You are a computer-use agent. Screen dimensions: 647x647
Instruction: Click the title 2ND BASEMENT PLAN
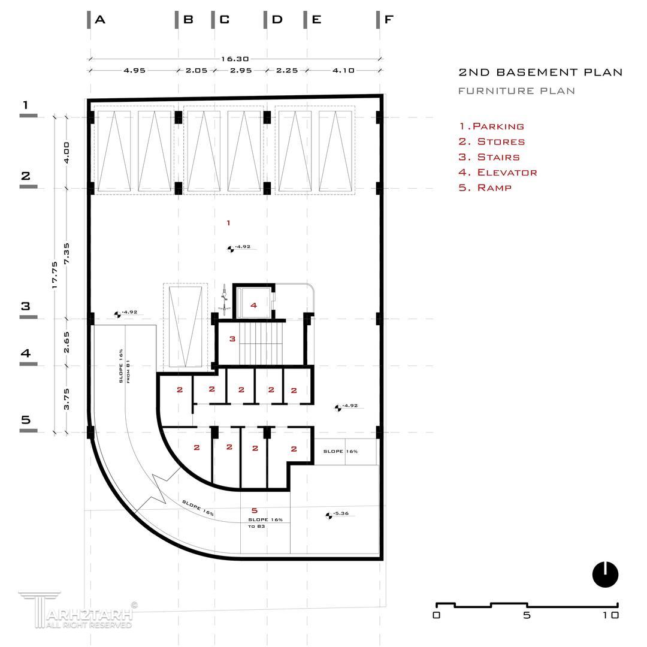coord(540,72)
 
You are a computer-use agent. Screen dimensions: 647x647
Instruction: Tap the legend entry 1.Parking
coord(491,126)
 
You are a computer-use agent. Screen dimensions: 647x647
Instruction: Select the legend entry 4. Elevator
coord(498,173)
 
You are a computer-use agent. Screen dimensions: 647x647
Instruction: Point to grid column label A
coord(100,20)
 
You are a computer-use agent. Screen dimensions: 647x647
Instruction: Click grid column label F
coord(388,20)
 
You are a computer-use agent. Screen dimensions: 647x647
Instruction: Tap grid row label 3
coord(26,306)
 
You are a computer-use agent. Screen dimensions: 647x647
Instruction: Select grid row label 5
coord(26,419)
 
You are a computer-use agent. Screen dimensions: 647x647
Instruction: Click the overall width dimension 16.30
coord(235,59)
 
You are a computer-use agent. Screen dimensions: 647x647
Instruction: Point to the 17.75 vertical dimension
coord(55,275)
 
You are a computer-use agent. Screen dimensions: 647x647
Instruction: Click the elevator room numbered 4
coord(253,306)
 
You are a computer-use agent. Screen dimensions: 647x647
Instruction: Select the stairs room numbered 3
coord(232,339)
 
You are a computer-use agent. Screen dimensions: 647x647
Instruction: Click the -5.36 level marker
coord(338,514)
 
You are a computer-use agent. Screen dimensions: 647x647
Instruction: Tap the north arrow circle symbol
coord(605,575)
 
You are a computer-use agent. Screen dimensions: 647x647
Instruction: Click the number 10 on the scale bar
coord(611,615)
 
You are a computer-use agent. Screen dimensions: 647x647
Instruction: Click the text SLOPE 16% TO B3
coord(265,522)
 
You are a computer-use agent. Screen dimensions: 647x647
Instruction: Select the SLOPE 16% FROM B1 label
coord(124,366)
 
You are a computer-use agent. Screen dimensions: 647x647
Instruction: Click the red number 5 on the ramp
coord(255,510)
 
